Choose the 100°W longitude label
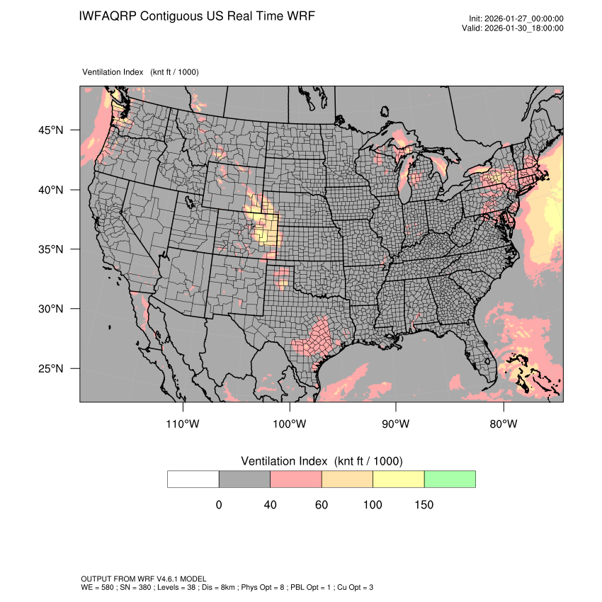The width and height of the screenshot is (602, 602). pos(290,424)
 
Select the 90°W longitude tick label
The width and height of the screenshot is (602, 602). pos(397,424)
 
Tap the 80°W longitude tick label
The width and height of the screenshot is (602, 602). pos(504,424)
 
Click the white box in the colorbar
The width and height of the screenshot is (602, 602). pos(193,479)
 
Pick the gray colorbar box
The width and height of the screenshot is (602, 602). pos(244,479)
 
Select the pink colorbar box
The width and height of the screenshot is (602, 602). pos(296,479)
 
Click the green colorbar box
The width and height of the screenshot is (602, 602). pos(450,479)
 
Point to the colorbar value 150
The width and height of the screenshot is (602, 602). pos(424,505)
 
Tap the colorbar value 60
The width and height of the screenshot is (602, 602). pos(322,505)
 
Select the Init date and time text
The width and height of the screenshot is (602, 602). pos(516,19)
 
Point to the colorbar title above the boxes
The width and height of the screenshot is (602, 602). pos(322,461)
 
